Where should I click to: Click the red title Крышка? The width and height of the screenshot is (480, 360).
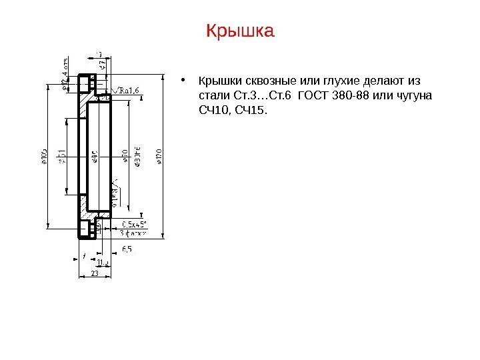[x=240, y=31]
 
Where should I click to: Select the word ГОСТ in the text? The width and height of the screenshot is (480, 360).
[x=311, y=95]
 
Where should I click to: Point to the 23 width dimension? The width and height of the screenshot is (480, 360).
[x=95, y=273]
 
